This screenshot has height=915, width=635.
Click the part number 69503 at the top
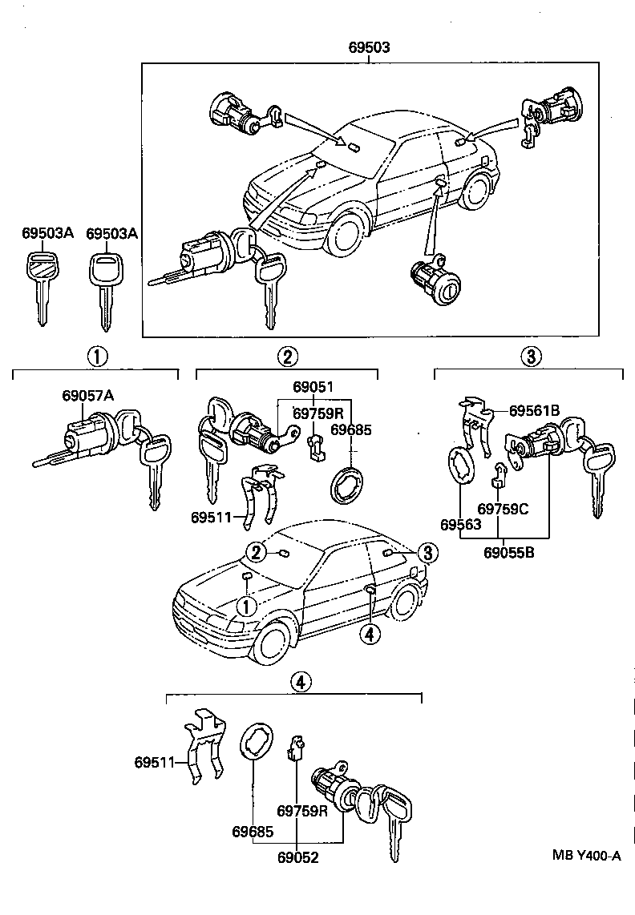coord(369,48)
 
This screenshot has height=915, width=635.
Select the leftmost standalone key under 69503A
coord(40,284)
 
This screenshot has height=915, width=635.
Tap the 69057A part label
coord(88,395)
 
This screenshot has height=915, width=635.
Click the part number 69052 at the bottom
coord(297,857)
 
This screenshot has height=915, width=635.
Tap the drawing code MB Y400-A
coord(586,856)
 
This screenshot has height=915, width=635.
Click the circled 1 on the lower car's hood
coord(246,607)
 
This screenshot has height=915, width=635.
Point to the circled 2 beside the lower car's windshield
coord(255,552)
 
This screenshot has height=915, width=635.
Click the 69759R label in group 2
coord(317,413)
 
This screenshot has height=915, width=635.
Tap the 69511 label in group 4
coord(156,762)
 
